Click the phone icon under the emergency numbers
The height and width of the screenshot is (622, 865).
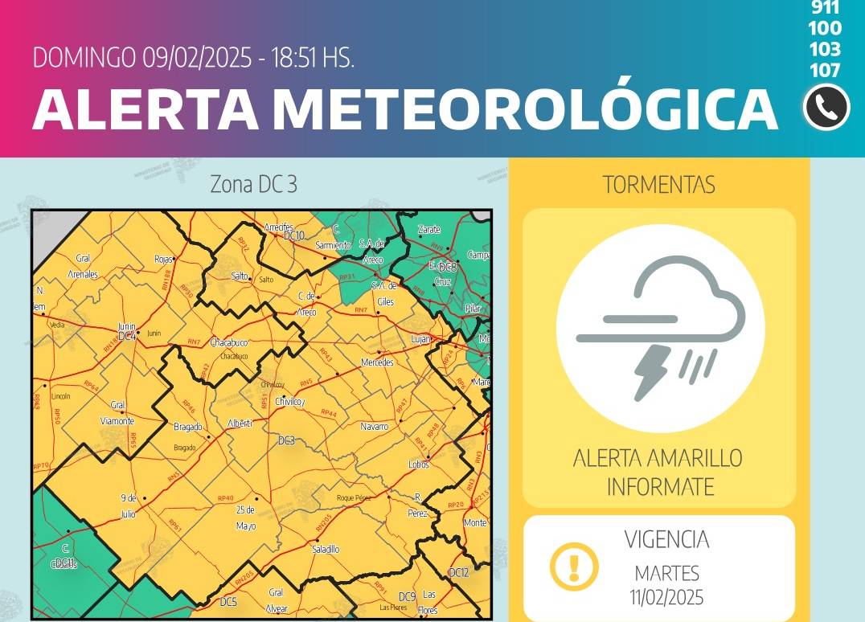(x=826, y=107)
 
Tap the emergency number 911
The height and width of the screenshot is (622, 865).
(x=826, y=8)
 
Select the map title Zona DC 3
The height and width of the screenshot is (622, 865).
(x=253, y=184)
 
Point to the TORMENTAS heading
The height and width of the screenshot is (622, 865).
(x=659, y=184)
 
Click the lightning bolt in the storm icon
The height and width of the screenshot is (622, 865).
(x=651, y=372)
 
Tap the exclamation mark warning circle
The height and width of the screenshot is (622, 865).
(x=573, y=566)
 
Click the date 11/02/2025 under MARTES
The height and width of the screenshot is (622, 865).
(x=667, y=597)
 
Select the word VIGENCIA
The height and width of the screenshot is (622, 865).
(x=667, y=539)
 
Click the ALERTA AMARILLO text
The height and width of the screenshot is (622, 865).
(x=658, y=459)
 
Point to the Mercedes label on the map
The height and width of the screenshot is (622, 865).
(x=377, y=362)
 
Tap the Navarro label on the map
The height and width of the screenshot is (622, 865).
(x=374, y=427)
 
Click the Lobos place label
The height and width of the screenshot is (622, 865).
(x=418, y=464)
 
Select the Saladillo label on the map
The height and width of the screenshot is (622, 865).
(x=325, y=550)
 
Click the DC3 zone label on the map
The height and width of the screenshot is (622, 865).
(x=287, y=440)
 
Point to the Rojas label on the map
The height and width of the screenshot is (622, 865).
(x=163, y=259)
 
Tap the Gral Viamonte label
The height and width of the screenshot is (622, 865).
(x=118, y=412)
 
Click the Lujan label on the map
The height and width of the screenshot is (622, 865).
(x=420, y=340)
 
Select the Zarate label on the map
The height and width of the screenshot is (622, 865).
(x=429, y=230)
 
